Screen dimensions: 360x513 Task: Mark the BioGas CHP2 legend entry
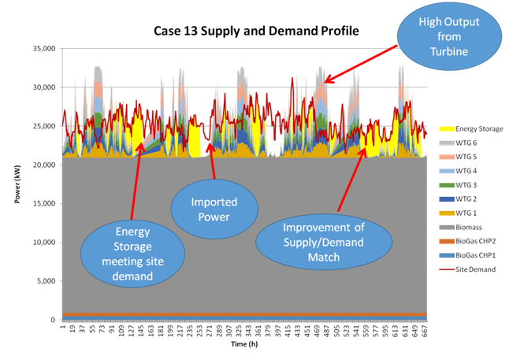pyautogui.click(x=472, y=241)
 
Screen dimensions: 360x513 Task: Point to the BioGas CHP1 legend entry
pyautogui.click(x=472, y=255)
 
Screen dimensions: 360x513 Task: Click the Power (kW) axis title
pyautogui.click(x=17, y=184)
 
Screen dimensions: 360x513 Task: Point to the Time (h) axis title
pyautogui.click(x=244, y=345)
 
